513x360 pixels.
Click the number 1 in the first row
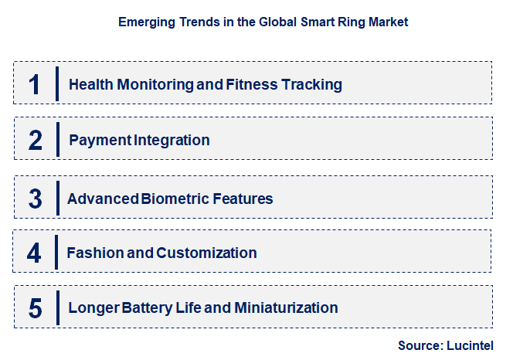pos(34,84)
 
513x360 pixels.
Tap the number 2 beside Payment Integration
pos(35,141)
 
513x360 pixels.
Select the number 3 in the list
pos(35,199)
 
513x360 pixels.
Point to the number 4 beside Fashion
pos(34,253)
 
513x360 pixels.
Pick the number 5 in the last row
pos(35,308)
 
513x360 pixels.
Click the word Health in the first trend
pos(90,84)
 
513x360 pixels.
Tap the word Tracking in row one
pos(313,84)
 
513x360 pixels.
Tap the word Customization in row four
pos(206,253)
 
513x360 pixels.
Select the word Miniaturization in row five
pos(285,308)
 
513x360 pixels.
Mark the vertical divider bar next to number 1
pos(57,83)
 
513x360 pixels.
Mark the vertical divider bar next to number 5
pos(57,307)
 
